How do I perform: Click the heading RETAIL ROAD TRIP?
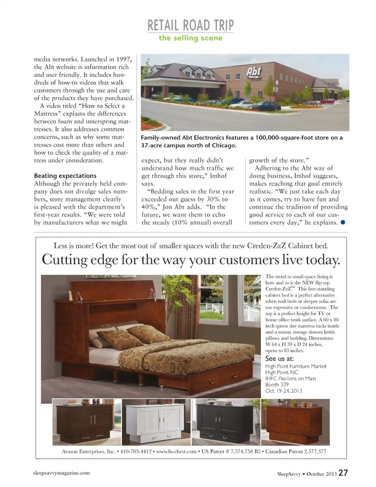[190, 25]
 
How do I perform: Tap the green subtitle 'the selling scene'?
[190, 38]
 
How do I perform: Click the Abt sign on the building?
[253, 72]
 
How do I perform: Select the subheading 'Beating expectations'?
[65, 176]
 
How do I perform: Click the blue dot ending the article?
[343, 222]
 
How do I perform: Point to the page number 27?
[343, 473]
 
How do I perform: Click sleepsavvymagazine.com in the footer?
[61, 473]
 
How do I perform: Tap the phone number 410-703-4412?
[136, 451]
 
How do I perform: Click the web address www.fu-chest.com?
[176, 451]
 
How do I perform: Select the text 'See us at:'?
[279, 358]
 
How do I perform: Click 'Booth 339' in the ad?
[277, 385]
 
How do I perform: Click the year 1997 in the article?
[123, 59]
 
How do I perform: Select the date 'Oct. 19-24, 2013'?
[284, 391]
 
